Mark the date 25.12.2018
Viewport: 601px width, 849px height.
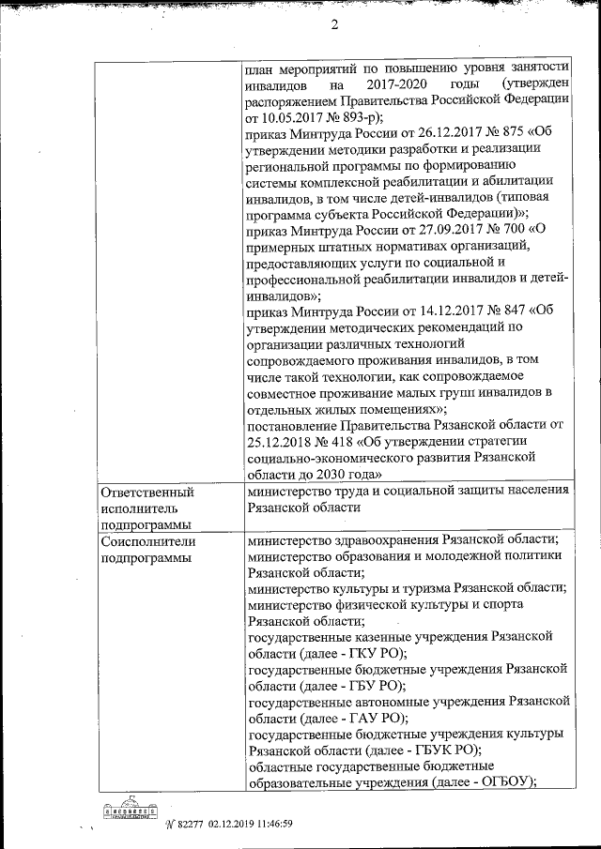(281, 442)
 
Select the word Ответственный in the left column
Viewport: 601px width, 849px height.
(146, 492)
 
